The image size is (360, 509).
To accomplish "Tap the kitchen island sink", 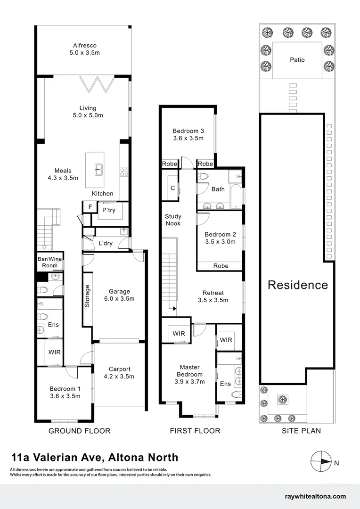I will (98, 169).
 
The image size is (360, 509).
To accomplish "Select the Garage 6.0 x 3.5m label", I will (119, 295).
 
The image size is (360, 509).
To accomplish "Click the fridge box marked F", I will (88, 207).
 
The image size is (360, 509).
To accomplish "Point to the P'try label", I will (109, 210).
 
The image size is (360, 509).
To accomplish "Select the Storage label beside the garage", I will (87, 296).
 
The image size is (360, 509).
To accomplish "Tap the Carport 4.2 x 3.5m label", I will (119, 373).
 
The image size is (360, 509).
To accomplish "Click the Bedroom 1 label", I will (65, 392).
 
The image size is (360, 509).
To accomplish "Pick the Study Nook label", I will (173, 220).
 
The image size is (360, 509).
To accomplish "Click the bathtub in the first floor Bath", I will (236, 196).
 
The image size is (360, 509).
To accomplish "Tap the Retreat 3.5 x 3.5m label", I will (213, 296).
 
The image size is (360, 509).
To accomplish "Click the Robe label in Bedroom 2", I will (221, 266).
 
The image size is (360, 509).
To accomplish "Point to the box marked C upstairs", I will (172, 188).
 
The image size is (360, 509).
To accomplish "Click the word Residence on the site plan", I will (298, 285).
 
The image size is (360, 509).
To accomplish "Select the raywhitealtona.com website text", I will (315, 496).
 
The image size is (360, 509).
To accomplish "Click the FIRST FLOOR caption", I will (194, 431).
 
